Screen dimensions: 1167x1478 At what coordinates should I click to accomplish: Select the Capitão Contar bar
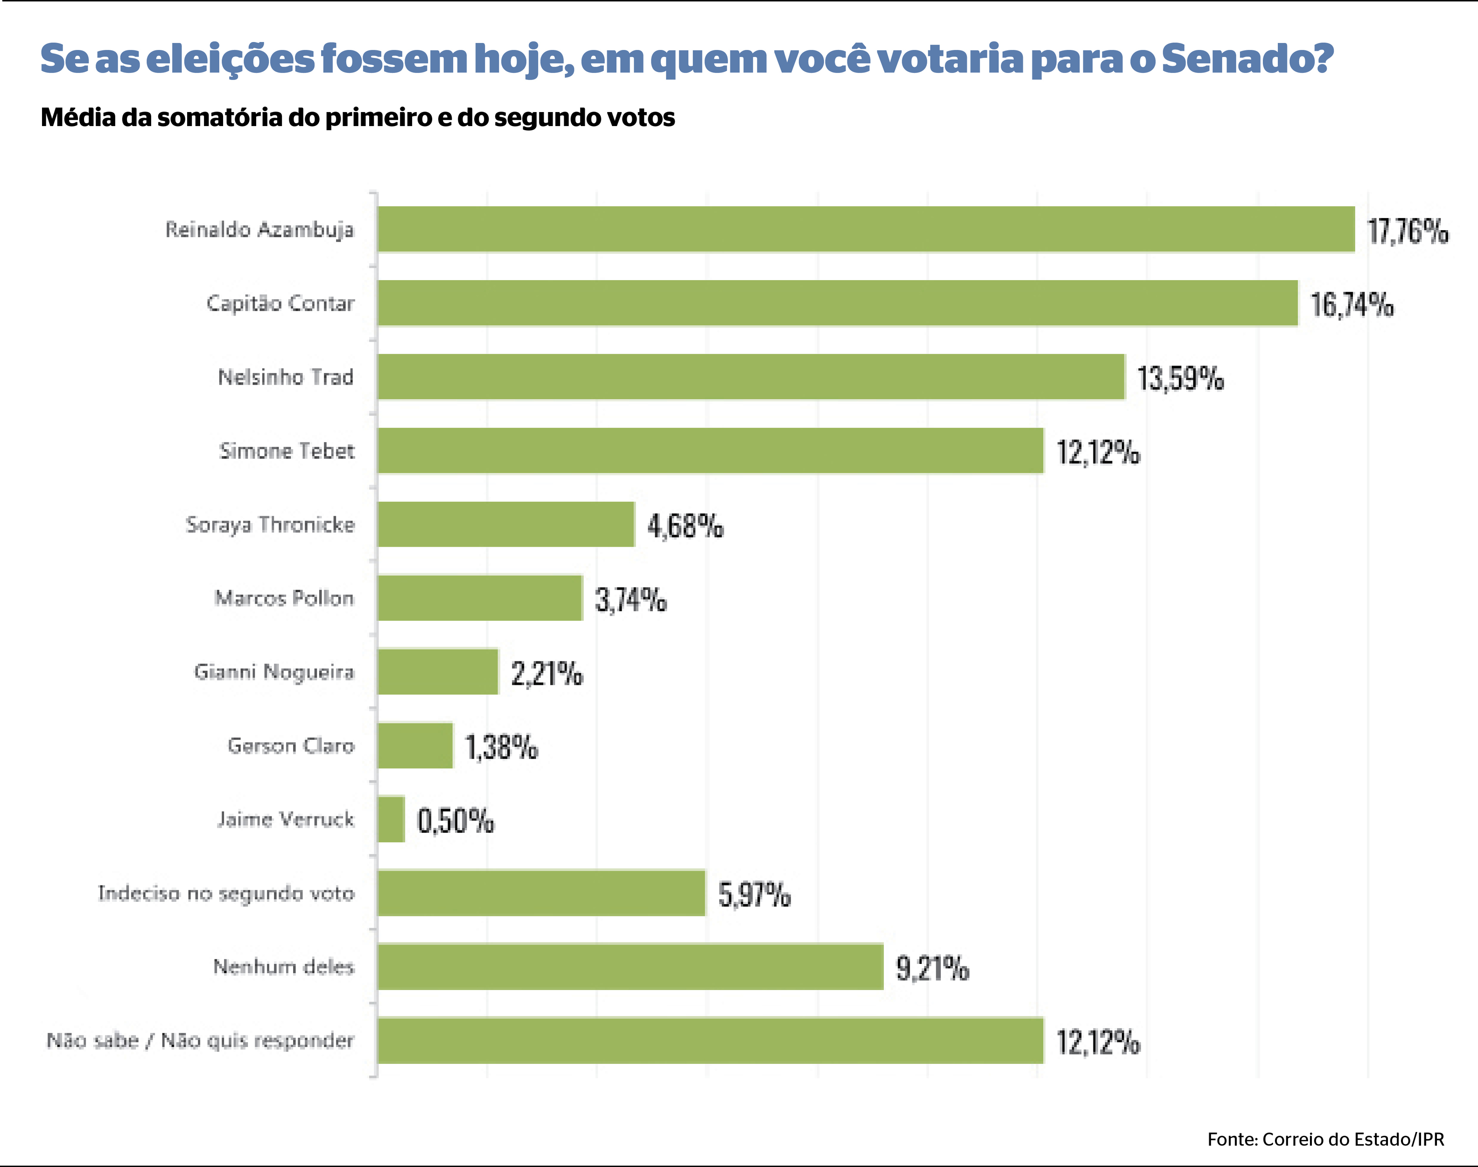tap(837, 302)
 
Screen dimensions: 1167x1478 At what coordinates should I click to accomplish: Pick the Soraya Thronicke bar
tap(505, 524)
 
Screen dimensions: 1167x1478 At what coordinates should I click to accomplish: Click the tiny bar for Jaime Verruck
tap(391, 819)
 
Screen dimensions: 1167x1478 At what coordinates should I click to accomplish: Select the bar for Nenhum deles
tap(630, 967)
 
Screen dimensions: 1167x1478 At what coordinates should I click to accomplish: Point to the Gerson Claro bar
tap(414, 745)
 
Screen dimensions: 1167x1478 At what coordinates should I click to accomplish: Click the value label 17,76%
tap(1407, 231)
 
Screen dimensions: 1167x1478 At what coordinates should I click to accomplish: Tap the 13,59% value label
tap(1179, 379)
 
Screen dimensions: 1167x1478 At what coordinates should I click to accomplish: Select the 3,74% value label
tap(630, 600)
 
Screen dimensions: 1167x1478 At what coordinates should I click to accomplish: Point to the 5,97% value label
tap(754, 894)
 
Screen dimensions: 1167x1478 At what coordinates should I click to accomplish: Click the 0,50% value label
tap(455, 821)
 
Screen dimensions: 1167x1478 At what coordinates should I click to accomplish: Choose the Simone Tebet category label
tap(287, 451)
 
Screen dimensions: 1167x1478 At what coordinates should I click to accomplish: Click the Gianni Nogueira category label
tap(274, 672)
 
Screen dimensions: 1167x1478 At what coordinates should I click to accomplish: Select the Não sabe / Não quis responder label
tap(200, 1040)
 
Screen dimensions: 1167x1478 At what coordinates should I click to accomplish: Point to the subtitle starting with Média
tap(357, 118)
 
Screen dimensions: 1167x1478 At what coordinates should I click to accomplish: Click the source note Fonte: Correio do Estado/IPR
tap(1325, 1139)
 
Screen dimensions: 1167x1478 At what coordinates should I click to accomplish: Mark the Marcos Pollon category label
tap(284, 598)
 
